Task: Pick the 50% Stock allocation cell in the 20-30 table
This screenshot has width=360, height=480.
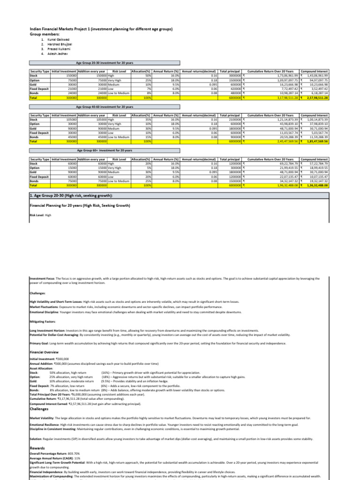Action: (x=141, y=75)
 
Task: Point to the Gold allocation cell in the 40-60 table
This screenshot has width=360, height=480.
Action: (x=141, y=128)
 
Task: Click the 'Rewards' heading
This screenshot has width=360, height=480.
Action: (x=37, y=448)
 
